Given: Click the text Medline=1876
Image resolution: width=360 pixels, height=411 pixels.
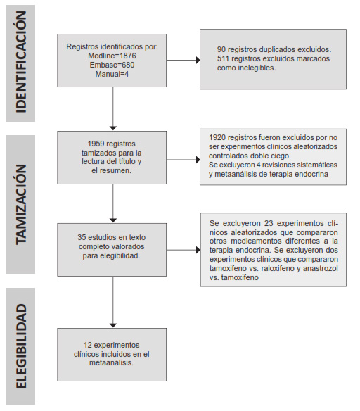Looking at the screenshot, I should (x=112, y=56).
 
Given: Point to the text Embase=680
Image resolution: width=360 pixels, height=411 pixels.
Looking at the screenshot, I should (x=112, y=65).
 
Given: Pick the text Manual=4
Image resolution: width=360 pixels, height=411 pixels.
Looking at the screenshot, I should (x=112, y=74).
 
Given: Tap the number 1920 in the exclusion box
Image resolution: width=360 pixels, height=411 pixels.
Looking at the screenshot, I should (x=220, y=137).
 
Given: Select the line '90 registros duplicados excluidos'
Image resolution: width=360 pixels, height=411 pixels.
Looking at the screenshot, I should (x=274, y=50).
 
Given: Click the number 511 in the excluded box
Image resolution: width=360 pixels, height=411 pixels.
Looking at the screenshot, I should (x=225, y=59).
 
